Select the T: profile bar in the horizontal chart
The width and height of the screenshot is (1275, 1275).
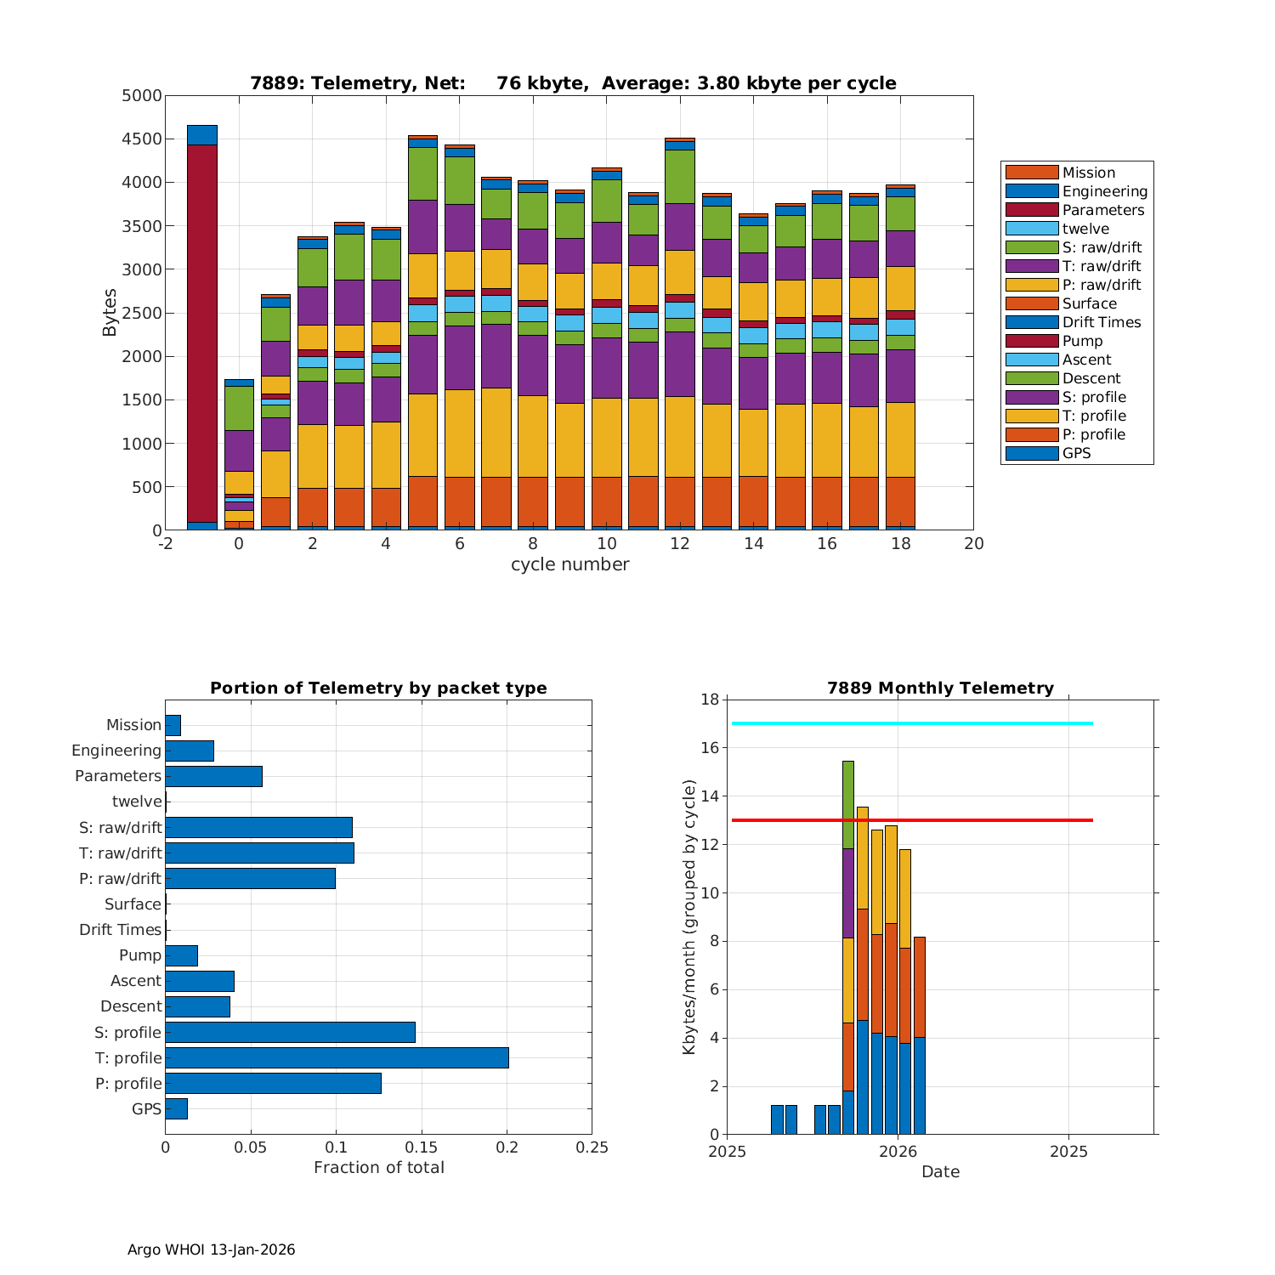[337, 1057]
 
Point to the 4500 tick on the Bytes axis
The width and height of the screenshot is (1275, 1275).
[142, 139]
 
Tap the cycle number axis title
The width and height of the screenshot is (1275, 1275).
[569, 564]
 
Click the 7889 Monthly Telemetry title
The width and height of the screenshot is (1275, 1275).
[940, 688]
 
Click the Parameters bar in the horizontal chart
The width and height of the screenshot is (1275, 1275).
[213, 776]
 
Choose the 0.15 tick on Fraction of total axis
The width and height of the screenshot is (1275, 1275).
[422, 1147]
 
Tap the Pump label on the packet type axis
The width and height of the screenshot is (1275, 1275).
[140, 955]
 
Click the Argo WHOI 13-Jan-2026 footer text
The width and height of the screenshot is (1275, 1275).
[212, 1249]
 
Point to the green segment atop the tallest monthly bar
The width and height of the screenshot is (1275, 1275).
[847, 804]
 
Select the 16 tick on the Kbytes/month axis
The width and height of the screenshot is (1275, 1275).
[709, 748]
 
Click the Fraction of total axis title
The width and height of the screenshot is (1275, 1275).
[378, 1168]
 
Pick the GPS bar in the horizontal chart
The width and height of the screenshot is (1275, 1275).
[176, 1108]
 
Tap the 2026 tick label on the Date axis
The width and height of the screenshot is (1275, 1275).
[898, 1152]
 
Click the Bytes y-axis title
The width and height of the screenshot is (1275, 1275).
[110, 313]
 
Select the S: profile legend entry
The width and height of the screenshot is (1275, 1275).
[1094, 397]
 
